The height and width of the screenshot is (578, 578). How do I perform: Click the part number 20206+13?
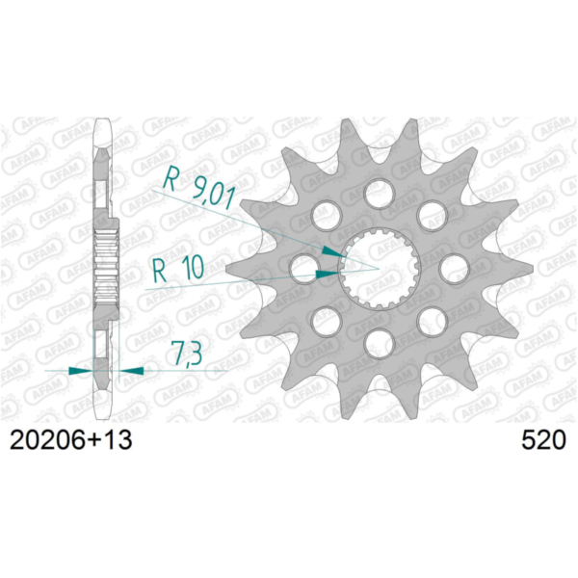click(x=70, y=442)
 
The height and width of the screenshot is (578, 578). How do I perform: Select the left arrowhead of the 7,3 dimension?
click(x=83, y=368)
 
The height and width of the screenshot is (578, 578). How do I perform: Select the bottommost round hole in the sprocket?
click(x=381, y=342)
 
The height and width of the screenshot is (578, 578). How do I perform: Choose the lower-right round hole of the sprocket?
click(x=432, y=317)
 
